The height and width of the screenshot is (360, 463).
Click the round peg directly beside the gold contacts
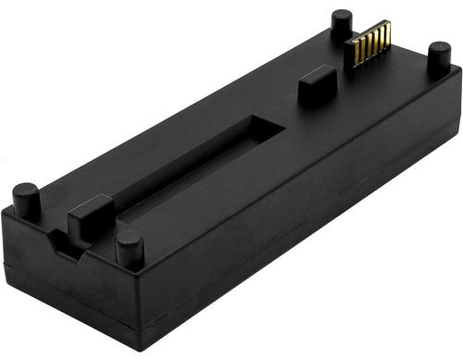tap(342, 22)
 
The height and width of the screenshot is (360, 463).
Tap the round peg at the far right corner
tap(438, 57)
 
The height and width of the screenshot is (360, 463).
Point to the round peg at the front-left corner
tap(26, 198)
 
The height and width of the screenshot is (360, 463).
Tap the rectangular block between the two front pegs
tap(91, 217)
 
